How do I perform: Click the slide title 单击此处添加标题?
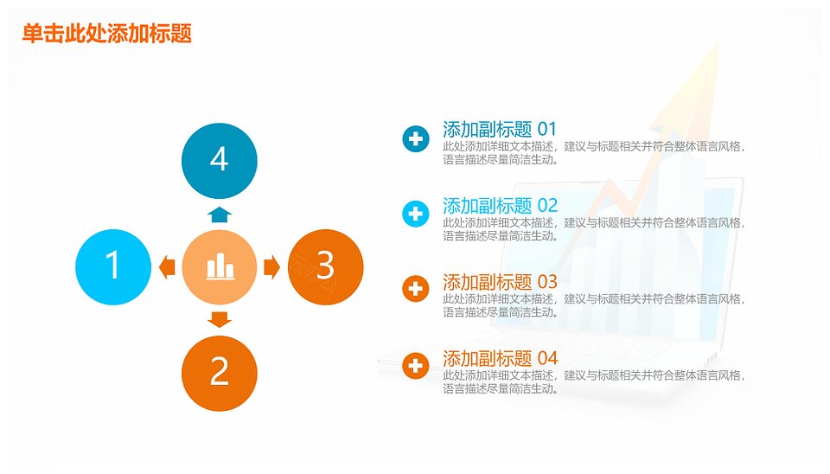click(107, 34)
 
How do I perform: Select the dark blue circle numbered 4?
click(219, 161)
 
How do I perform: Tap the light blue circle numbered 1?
click(113, 267)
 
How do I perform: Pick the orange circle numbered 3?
click(326, 267)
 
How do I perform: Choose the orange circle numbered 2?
click(219, 374)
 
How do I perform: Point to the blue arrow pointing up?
click(220, 215)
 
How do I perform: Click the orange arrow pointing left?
click(167, 267)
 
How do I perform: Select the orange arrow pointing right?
click(272, 267)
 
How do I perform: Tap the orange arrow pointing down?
click(220, 320)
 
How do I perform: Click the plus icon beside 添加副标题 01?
click(416, 138)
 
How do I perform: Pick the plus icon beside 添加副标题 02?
click(416, 214)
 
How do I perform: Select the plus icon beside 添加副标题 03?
click(416, 289)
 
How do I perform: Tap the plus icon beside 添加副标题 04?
click(416, 366)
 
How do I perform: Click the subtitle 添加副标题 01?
click(500, 129)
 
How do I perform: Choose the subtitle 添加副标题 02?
click(500, 206)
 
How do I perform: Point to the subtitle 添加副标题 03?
click(500, 282)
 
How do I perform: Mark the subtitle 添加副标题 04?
click(500, 359)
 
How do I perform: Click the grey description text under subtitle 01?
click(594, 153)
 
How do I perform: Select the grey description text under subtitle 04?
click(594, 381)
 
